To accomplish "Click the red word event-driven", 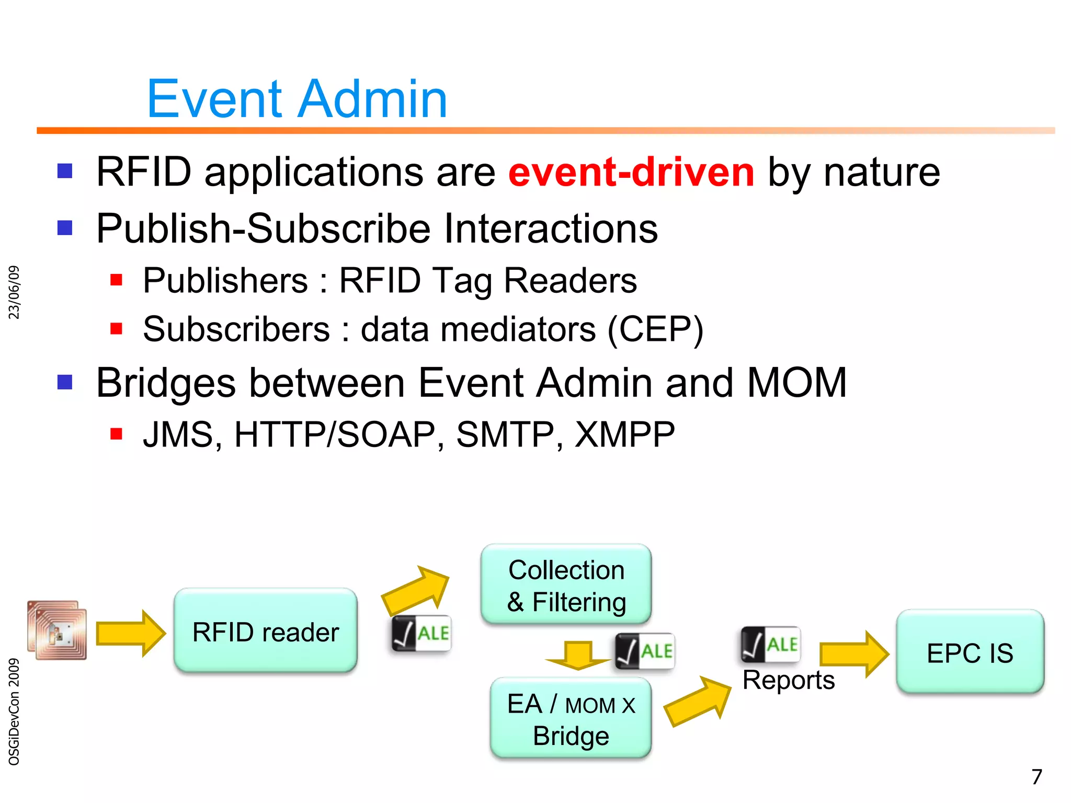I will click(631, 172).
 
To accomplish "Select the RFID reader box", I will click(266, 631).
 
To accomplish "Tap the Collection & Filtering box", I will click(566, 585).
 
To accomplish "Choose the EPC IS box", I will click(970, 652).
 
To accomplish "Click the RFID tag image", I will click(57, 630).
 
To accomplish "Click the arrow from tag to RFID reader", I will click(131, 633).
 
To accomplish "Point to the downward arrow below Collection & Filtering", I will click(577, 656).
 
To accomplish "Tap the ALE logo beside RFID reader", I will click(421, 634).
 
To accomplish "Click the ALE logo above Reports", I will click(771, 644).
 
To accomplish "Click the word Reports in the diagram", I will click(788, 680).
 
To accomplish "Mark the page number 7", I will click(1036, 777).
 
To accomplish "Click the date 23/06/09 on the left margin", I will click(14, 292).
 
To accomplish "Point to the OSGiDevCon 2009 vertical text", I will click(14, 712).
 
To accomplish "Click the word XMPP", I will click(625, 434).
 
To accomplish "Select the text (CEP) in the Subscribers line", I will click(655, 329).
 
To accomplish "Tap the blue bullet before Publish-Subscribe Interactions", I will click(65, 228).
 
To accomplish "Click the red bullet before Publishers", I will click(116, 280).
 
